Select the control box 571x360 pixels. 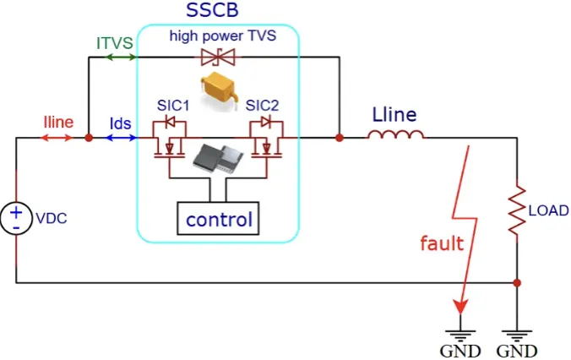point(219,220)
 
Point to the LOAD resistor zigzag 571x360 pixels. point(516,211)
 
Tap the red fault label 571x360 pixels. point(443,244)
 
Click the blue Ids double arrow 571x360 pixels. point(119,136)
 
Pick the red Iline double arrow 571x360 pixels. point(58,136)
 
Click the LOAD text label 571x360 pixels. point(547,210)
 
